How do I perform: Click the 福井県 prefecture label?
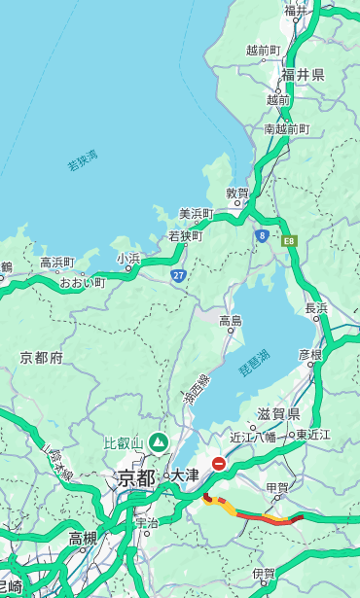304,75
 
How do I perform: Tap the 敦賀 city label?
238,193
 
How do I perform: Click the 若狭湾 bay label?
83,160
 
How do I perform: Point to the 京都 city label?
136,477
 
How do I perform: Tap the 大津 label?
185,476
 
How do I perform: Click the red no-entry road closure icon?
220,464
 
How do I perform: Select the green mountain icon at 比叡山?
157,443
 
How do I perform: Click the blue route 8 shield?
262,235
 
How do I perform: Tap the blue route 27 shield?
179,276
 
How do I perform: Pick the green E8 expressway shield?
289,239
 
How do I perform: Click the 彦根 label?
310,354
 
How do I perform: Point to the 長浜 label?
317,308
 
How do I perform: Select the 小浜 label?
128,259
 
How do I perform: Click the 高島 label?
231,321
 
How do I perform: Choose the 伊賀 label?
264,575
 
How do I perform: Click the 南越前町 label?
287,128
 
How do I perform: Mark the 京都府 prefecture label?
42,358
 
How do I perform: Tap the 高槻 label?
83,538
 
